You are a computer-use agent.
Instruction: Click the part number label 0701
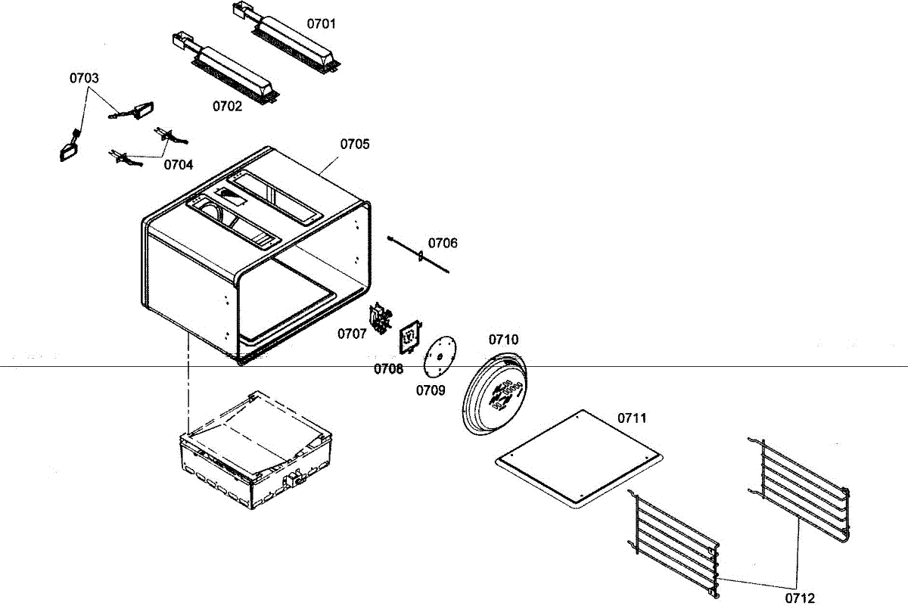321,23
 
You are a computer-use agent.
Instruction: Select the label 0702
227,107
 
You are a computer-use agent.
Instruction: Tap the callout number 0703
84,78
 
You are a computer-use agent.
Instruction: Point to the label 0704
179,164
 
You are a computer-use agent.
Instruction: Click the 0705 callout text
355,144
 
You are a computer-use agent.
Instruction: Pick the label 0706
443,243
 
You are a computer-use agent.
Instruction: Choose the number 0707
353,333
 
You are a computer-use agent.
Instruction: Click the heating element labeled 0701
295,45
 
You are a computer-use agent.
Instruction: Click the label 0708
388,368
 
